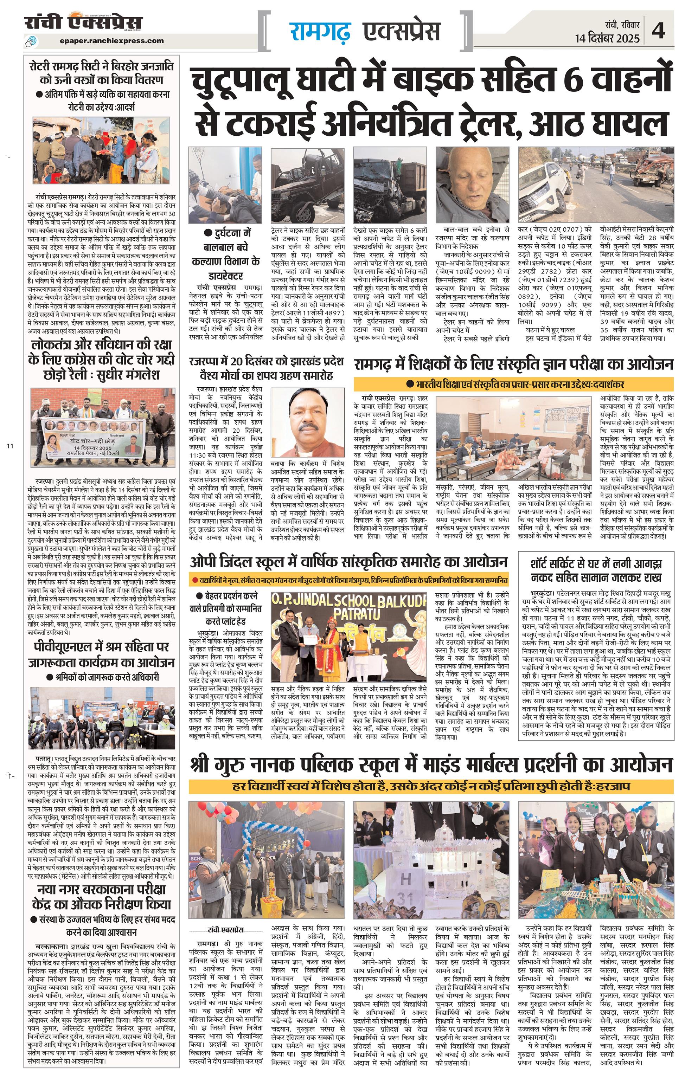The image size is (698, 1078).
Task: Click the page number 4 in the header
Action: (659, 31)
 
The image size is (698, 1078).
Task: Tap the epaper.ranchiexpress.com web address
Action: (111, 40)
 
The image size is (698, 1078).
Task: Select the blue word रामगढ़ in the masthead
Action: (320, 32)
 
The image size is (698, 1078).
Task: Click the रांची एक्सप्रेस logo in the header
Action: (83, 22)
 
